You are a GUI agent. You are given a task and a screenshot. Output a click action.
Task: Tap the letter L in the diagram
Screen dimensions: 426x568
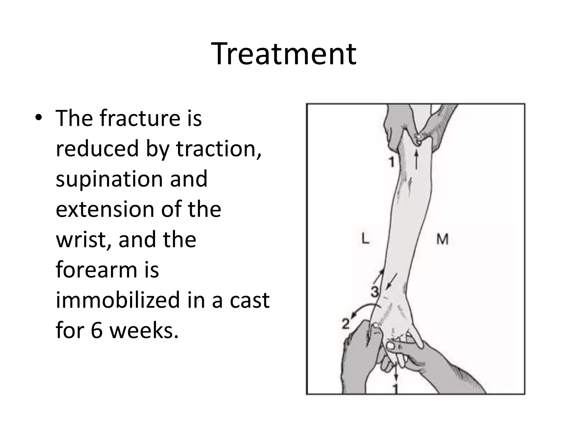366,239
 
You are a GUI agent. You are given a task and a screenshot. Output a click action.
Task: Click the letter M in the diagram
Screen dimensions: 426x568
442,239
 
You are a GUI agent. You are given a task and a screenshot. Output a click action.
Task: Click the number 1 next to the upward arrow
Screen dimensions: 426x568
391,162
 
